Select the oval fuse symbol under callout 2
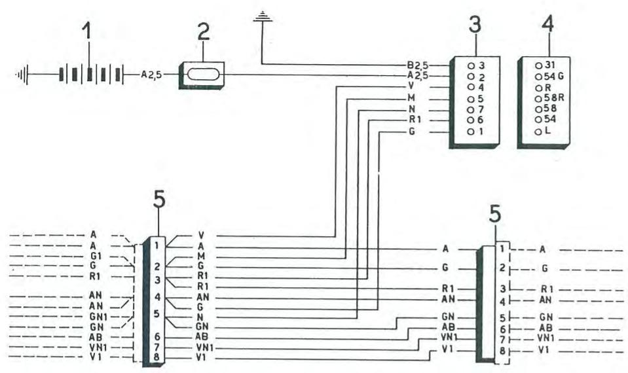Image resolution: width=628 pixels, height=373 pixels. [202, 75]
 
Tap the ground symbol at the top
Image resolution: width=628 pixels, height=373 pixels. [262, 16]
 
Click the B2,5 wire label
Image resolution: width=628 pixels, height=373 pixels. [416, 65]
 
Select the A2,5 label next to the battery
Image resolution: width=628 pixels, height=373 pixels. [152, 75]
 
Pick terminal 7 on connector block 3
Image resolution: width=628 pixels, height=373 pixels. [476, 109]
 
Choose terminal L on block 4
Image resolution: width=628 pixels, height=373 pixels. [543, 131]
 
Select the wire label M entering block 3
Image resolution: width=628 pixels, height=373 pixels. [411, 98]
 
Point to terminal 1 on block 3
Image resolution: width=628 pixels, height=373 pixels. [476, 131]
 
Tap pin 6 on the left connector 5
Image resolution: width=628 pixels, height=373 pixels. [158, 336]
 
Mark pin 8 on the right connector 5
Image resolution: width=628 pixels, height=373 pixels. [502, 351]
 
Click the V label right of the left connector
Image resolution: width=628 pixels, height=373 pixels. [200, 235]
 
